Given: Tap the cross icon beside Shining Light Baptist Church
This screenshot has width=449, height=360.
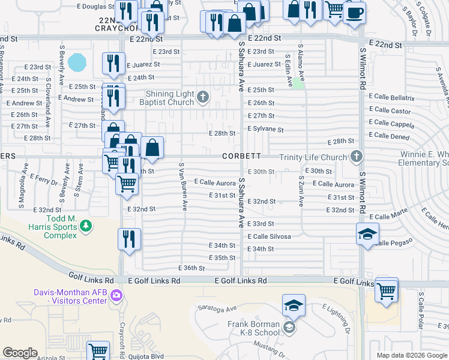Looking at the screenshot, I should (x=203, y=97).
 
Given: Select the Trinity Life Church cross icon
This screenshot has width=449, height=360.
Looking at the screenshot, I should (x=357, y=157).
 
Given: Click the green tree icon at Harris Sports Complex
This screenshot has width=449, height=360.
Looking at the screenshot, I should (x=86, y=226).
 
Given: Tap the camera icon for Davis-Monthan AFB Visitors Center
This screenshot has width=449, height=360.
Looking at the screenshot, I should (x=116, y=295).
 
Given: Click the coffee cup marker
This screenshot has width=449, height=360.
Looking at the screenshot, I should (x=355, y=12).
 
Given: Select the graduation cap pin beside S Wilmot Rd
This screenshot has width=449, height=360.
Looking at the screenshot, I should (x=367, y=234).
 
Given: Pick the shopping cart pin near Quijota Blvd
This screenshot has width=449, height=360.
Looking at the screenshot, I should (x=98, y=351).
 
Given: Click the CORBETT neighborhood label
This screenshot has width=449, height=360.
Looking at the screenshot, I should (x=241, y=156).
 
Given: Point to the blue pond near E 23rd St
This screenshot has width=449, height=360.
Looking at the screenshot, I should (x=77, y=61).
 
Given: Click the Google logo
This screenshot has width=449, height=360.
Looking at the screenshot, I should (x=20, y=353).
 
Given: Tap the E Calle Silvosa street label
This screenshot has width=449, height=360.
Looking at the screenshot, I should (x=269, y=237).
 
